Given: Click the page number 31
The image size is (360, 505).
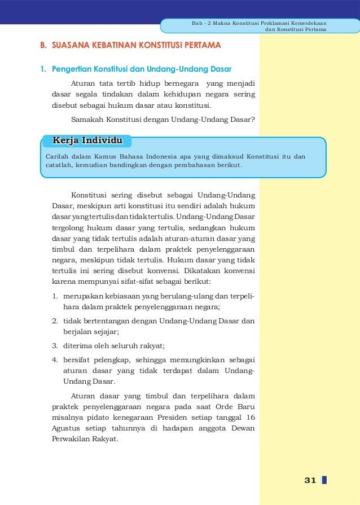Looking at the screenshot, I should click(309, 480).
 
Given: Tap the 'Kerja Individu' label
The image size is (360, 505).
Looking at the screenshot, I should click(87, 140).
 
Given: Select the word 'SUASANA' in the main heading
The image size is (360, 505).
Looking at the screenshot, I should click(71, 44).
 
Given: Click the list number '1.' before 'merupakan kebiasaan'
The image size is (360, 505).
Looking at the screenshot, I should click(55, 296).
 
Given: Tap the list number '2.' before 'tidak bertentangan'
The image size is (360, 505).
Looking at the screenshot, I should click(55, 321).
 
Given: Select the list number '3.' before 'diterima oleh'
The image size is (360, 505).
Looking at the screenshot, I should click(55, 346).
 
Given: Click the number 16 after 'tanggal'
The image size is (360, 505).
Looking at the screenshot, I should click(250, 417).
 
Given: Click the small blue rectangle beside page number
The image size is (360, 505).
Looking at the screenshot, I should click(324, 480).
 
